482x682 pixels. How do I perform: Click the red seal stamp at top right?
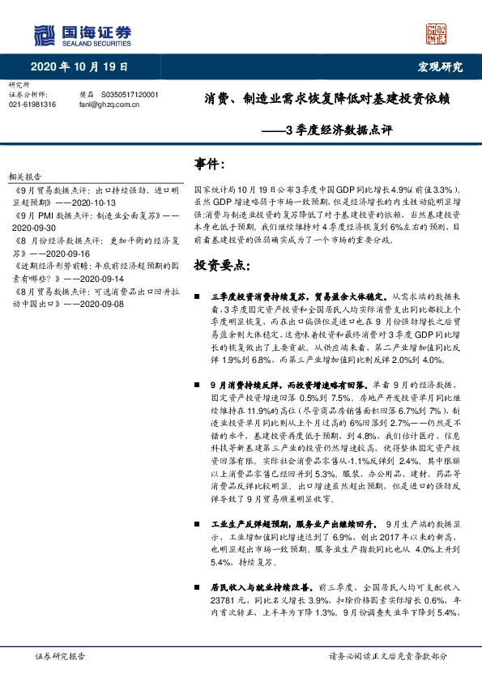click(x=437, y=34)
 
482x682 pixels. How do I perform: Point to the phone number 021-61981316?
click(x=33, y=104)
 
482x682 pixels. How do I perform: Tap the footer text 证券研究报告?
click(x=53, y=655)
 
